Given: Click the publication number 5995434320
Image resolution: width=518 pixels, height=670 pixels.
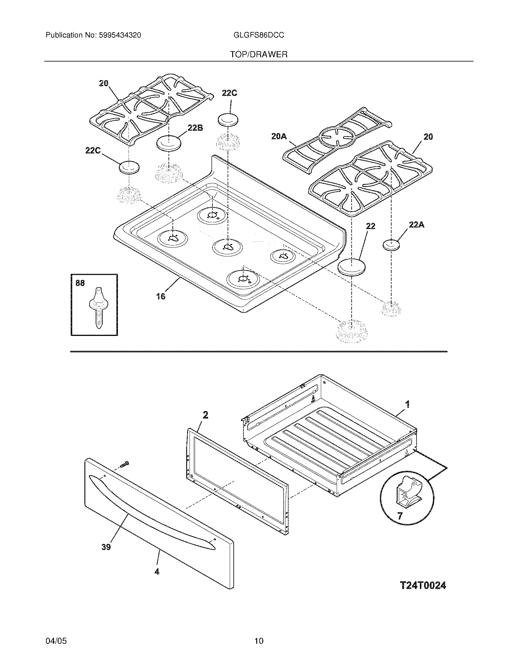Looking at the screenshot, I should click(120, 35).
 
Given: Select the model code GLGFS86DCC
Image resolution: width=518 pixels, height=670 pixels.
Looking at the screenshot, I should click(259, 35).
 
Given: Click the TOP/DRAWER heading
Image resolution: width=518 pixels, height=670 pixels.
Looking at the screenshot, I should click(259, 55).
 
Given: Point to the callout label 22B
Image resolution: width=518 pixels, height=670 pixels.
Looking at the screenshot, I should click(196, 128).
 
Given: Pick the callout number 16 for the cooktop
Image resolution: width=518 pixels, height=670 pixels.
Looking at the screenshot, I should click(161, 296).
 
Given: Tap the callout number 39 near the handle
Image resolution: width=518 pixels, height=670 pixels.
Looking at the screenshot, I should click(106, 547).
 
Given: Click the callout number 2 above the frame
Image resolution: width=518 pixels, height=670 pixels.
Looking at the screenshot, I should click(205, 415).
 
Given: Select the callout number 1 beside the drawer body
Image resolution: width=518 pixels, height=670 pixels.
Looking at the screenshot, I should click(407, 405).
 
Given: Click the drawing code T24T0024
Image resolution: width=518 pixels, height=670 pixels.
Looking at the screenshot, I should click(423, 585).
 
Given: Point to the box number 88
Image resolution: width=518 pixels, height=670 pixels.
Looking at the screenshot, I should click(80, 283).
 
